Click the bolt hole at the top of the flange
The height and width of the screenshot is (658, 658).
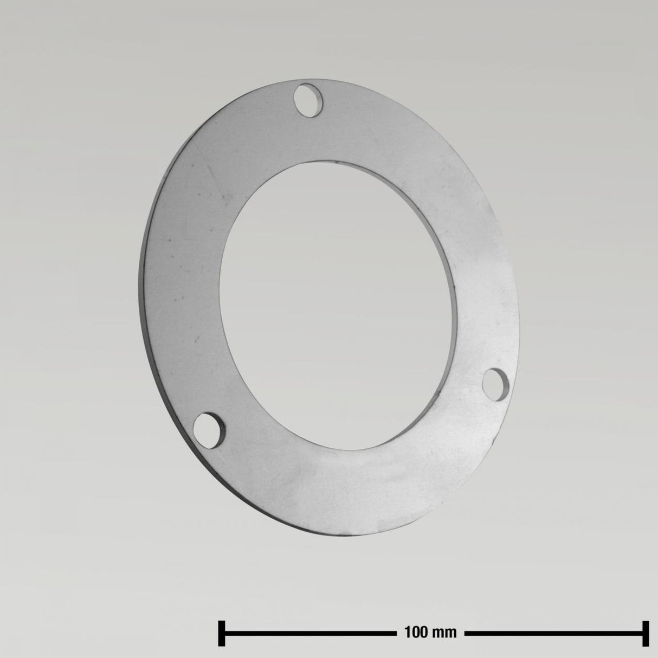(x=307, y=100)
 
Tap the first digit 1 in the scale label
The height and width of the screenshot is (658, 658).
(x=408, y=632)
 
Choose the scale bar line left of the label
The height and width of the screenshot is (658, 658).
(x=309, y=632)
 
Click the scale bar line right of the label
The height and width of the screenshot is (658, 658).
(x=553, y=632)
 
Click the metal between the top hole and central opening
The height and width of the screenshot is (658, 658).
(x=314, y=136)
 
